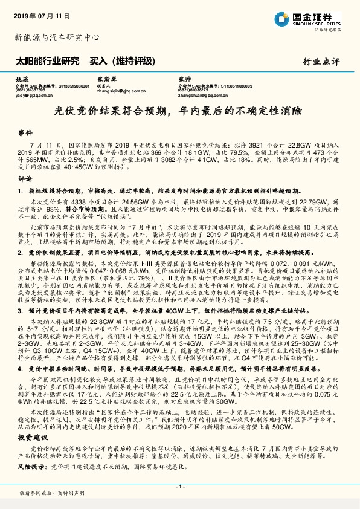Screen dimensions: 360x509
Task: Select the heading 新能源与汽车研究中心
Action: tap(56, 37)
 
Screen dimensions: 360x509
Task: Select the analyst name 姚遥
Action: tap(22, 79)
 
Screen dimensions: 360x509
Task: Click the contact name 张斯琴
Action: tap(105, 79)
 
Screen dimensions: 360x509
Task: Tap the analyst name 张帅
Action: tap(184, 79)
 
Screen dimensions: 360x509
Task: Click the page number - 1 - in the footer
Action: tap(179, 487)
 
